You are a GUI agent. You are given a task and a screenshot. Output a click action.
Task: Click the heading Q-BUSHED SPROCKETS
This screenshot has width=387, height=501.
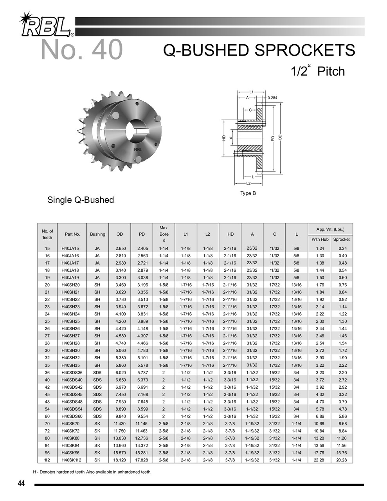pos(259,50)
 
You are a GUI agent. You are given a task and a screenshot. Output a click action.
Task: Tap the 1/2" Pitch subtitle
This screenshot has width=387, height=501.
pos(318,71)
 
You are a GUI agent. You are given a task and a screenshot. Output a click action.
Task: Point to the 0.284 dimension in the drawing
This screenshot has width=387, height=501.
pos(273,98)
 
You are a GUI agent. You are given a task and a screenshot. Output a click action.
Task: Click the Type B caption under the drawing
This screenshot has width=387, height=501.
pos(248,193)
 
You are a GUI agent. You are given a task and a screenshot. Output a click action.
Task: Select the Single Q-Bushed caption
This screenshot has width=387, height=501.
pos(81,200)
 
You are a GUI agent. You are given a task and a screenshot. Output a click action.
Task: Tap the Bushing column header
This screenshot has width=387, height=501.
pos(97,234)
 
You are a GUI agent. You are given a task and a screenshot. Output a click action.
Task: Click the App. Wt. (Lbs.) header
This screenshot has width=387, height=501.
pos(331,229)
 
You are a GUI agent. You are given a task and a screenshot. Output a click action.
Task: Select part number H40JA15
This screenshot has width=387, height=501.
pos(70,249)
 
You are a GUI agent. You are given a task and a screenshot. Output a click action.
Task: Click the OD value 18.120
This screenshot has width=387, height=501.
pos(120,460)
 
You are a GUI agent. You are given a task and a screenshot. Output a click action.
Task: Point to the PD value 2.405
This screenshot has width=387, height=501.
pos(142,249)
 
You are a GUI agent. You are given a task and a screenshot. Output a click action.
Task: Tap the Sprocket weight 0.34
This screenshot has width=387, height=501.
pos(342,249)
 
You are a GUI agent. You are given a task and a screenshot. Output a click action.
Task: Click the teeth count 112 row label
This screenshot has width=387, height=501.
pos(47,460)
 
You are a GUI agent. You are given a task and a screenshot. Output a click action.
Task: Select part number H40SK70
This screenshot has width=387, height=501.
pos(70,424)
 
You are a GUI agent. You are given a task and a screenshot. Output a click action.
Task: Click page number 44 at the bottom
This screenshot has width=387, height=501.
pos(22,484)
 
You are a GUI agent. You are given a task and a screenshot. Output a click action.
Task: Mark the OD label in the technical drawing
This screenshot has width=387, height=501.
pos(280,137)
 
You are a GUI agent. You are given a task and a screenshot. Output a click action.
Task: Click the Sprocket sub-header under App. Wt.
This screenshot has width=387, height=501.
pos(342,239)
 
